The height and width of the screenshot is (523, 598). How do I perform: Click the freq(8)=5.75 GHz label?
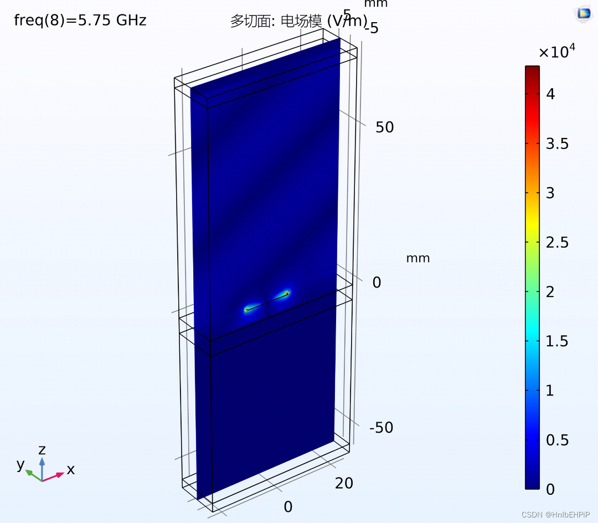[80, 20]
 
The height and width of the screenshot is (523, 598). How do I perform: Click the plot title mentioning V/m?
[298, 20]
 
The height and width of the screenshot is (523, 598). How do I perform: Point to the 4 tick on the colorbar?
[550, 94]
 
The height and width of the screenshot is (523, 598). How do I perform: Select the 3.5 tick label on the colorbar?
[557, 144]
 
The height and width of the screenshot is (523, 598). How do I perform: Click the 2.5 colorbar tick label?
[557, 242]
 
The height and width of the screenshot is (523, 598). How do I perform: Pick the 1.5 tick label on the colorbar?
[557, 341]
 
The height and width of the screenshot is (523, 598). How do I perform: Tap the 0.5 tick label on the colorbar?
[557, 440]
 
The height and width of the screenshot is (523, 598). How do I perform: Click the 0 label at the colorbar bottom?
[550, 489]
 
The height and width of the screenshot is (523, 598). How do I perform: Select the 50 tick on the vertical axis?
[384, 127]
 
